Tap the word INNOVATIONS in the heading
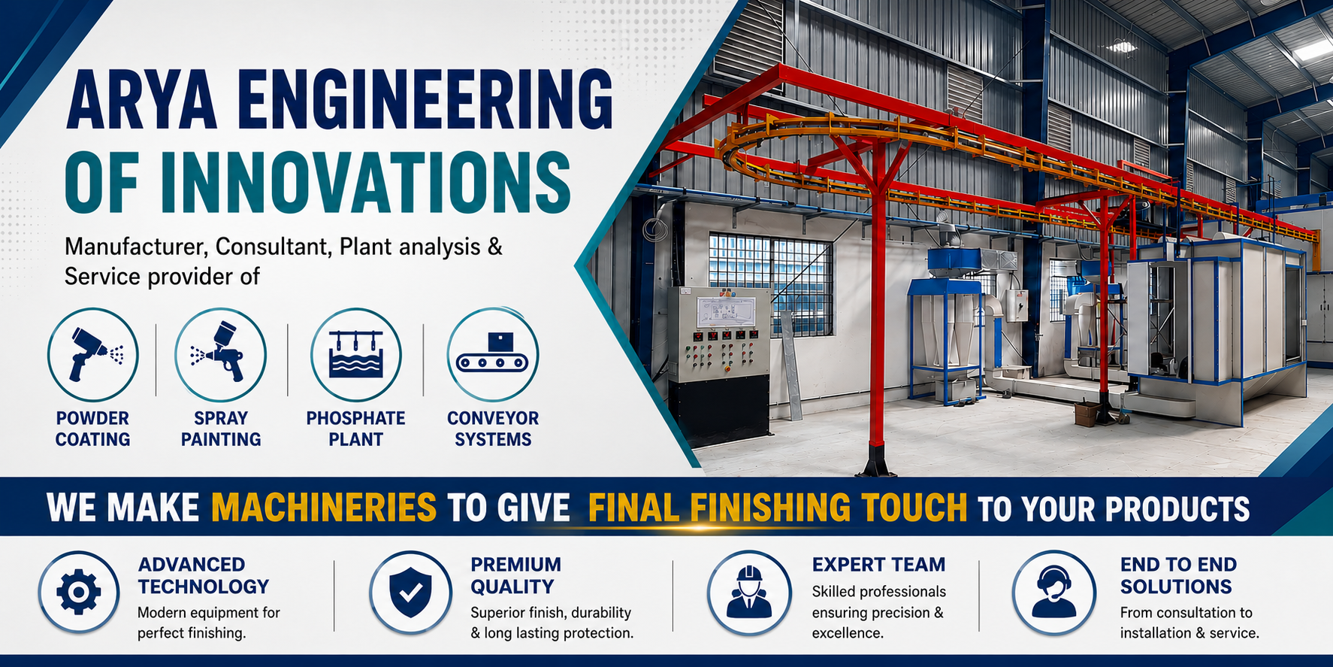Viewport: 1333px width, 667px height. click(365, 183)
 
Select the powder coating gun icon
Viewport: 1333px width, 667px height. click(93, 354)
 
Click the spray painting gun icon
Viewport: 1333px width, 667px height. click(221, 354)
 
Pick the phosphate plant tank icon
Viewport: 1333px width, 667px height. click(356, 354)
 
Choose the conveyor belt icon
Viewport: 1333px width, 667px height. click(493, 354)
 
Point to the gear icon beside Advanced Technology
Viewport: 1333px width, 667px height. click(79, 592)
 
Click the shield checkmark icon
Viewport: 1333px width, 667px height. click(410, 592)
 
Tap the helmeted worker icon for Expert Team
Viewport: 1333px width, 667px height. click(749, 592)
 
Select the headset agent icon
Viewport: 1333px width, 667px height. click(1053, 592)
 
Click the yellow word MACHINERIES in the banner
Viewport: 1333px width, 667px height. click(324, 508)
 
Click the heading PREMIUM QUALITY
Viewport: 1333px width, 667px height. click(516, 575)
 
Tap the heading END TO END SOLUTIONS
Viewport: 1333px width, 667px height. click(1178, 575)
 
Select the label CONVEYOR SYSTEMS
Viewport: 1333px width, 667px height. click(493, 429)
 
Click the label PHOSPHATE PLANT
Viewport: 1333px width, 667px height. click(356, 429)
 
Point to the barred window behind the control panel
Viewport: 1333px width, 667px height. click(770, 283)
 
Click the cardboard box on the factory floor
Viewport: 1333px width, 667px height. click(1086, 414)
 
